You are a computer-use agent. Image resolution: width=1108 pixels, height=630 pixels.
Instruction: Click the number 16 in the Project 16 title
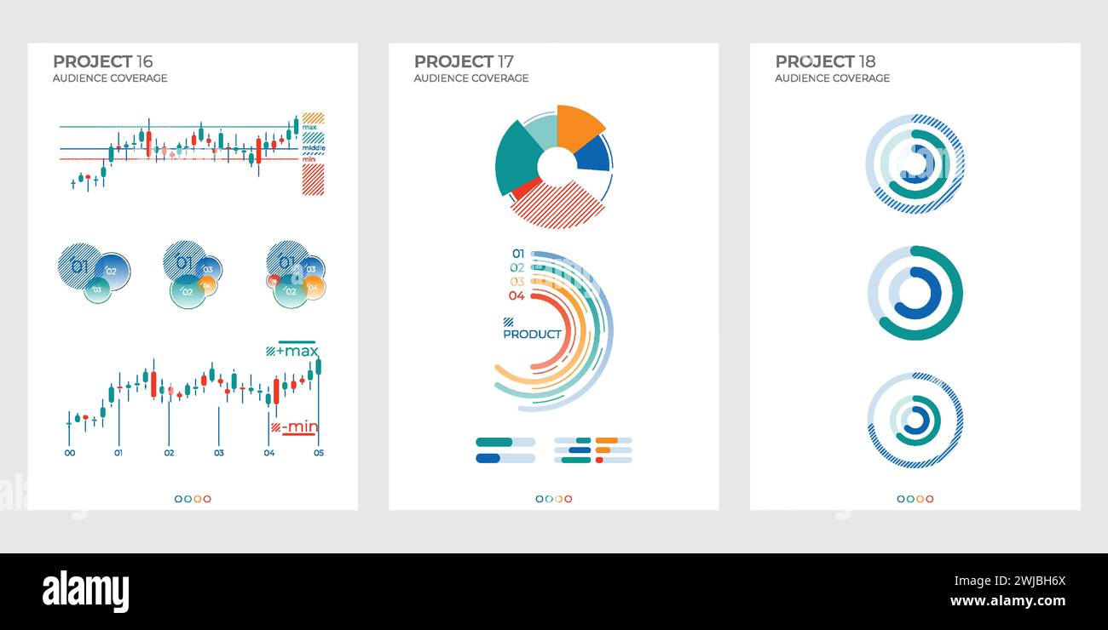pyautogui.click(x=144, y=61)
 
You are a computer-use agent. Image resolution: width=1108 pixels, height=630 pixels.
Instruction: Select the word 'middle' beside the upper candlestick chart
pyautogui.click(x=314, y=148)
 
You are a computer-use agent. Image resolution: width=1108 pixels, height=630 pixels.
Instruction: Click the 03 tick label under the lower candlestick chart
pyautogui.click(x=219, y=453)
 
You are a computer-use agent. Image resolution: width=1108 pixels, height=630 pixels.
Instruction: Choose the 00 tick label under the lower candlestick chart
pyautogui.click(x=70, y=453)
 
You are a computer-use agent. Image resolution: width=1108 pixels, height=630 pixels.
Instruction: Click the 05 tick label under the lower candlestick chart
pyautogui.click(x=319, y=453)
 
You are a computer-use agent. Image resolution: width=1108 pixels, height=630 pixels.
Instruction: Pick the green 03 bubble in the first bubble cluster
pyautogui.click(x=97, y=289)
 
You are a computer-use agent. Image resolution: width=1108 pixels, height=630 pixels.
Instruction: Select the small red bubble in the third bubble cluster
pyautogui.click(x=274, y=280)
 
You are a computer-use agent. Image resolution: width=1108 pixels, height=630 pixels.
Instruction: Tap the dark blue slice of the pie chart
pyautogui.click(x=595, y=155)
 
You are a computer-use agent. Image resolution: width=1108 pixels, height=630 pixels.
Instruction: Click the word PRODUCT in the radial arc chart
pyautogui.click(x=533, y=335)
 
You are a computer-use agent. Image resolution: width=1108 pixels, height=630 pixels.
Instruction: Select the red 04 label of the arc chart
pyautogui.click(x=516, y=296)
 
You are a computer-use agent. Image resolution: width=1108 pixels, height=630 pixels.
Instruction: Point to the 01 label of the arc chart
pyautogui.click(x=518, y=254)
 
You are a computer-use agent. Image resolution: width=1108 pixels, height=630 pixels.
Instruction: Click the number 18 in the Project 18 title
pyautogui.click(x=867, y=61)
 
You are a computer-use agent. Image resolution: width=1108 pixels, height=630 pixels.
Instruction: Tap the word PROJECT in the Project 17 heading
pyautogui.click(x=453, y=61)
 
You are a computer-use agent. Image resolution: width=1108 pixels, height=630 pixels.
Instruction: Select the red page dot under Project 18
pyautogui.click(x=930, y=499)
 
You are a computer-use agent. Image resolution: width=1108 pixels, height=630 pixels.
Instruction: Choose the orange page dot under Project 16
pyautogui.click(x=198, y=499)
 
